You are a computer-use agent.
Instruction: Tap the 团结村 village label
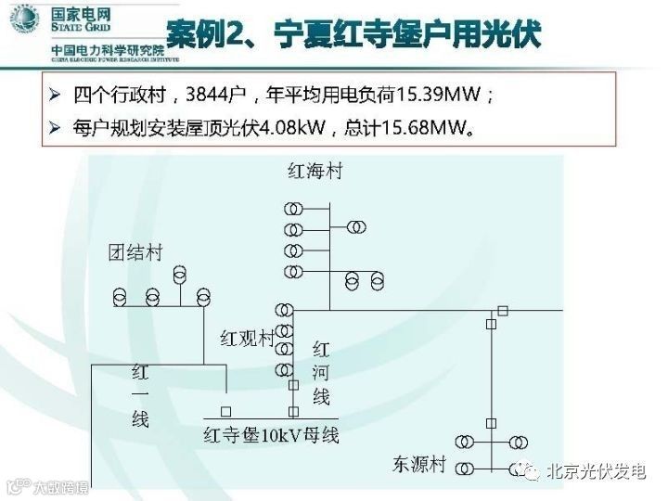click(x=135, y=252)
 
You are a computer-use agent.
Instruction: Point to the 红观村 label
click(x=247, y=337)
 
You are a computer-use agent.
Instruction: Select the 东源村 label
click(x=419, y=465)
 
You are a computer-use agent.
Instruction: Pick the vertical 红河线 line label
click(x=321, y=373)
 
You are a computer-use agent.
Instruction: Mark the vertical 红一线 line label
click(x=140, y=396)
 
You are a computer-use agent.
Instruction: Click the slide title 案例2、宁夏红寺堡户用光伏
click(x=353, y=34)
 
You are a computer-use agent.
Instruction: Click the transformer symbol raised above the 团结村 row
click(x=179, y=275)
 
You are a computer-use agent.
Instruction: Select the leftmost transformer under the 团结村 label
click(x=121, y=297)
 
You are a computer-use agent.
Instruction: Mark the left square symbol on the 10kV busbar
click(x=225, y=410)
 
